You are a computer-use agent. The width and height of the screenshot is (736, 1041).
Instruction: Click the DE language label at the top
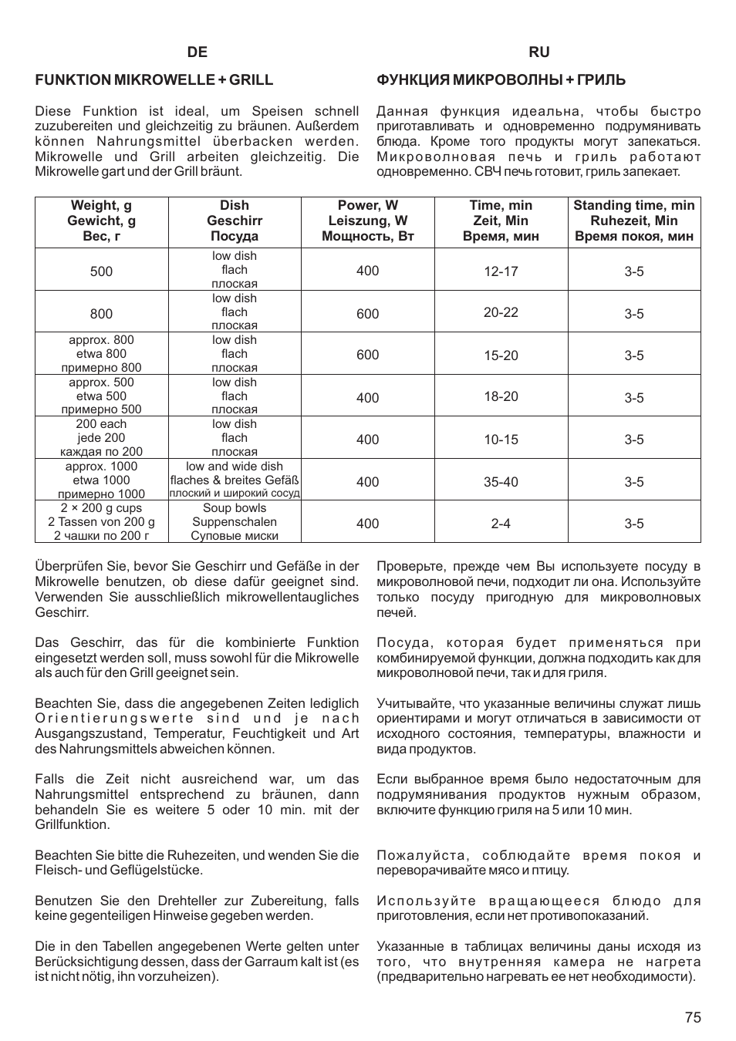(x=197, y=52)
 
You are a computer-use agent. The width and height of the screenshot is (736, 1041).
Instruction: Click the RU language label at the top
(x=539, y=52)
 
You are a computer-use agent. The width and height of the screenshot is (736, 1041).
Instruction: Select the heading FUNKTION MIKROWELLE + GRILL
(x=154, y=80)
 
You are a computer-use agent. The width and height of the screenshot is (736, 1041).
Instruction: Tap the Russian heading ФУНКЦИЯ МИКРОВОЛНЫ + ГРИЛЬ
(x=501, y=80)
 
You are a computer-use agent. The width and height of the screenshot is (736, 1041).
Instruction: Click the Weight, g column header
(x=101, y=221)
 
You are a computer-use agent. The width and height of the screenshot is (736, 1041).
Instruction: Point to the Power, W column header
(x=368, y=221)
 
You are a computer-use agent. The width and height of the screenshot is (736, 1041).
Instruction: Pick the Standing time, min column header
(x=633, y=221)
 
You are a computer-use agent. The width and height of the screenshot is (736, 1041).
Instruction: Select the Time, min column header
(x=501, y=221)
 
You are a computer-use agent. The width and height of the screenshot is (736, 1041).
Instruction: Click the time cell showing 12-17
(x=501, y=271)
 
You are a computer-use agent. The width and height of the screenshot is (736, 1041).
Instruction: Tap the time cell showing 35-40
(x=501, y=482)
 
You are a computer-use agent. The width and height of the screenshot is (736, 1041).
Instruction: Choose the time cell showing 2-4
(x=501, y=524)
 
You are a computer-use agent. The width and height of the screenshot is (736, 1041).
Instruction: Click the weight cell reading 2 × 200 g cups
(x=101, y=508)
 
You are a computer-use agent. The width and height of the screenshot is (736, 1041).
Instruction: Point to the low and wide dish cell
(x=235, y=467)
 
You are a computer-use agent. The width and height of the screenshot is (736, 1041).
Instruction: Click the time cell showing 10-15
(x=501, y=440)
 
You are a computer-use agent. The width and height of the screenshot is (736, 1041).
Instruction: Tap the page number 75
(x=692, y=1017)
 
